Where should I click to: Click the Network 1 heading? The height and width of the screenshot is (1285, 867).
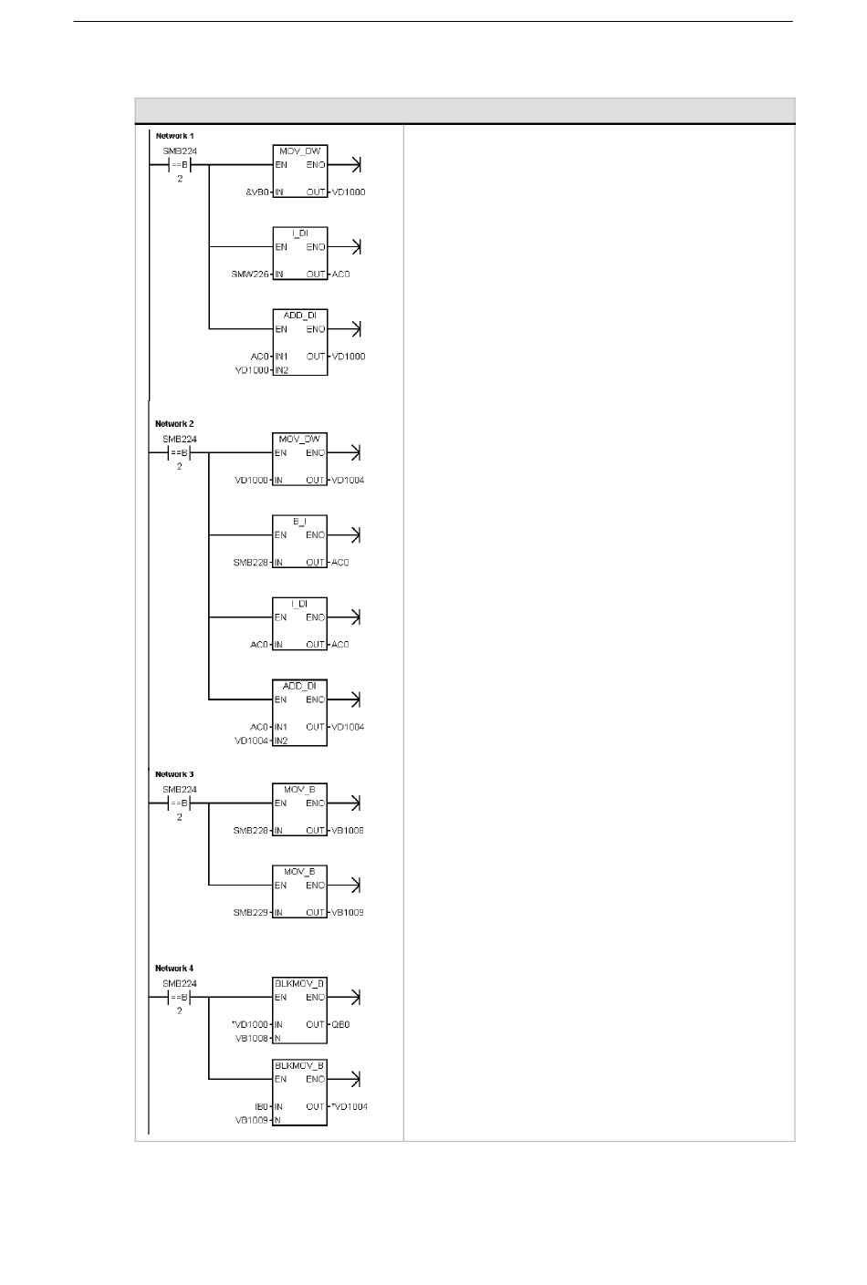click(x=174, y=136)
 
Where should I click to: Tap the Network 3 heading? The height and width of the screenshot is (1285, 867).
click(x=174, y=774)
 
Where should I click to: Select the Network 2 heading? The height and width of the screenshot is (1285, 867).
click(x=174, y=424)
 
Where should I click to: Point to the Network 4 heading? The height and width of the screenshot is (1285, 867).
click(x=174, y=969)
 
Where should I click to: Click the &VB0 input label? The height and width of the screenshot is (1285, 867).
click(x=256, y=192)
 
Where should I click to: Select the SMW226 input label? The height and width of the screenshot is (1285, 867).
click(x=251, y=275)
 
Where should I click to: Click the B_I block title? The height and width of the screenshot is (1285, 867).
click(x=299, y=522)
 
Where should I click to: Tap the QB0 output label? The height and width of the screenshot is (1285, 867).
click(x=340, y=1025)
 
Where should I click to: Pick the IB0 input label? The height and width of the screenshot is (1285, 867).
click(x=260, y=1107)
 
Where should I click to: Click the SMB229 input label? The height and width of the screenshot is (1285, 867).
click(x=251, y=913)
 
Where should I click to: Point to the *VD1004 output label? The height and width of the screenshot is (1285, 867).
click(x=350, y=1107)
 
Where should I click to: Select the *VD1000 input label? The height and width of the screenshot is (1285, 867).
click(x=251, y=1025)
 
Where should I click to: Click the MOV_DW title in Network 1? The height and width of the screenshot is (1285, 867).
click(x=299, y=151)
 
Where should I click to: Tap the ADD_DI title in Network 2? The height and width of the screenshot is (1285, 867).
click(x=299, y=686)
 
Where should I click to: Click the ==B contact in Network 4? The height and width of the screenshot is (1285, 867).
click(x=179, y=998)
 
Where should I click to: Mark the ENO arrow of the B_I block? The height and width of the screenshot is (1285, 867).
click(x=355, y=535)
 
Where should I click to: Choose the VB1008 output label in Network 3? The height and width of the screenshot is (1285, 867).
click(x=348, y=831)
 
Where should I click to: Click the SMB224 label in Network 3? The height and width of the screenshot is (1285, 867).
click(x=180, y=790)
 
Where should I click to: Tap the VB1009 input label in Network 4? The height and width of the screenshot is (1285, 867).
click(x=251, y=1121)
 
